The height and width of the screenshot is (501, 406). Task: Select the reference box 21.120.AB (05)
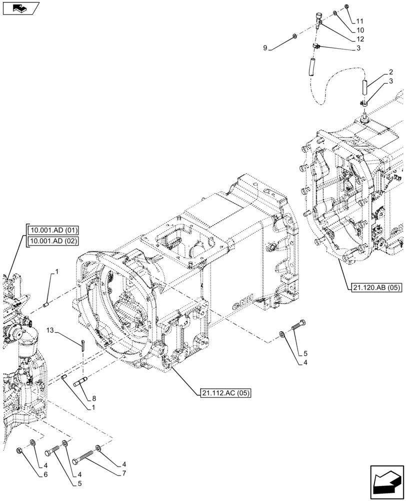[x=373, y=288]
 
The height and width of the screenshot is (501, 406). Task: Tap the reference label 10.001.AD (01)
[x=53, y=231]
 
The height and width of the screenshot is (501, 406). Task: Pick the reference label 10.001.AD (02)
[x=53, y=241]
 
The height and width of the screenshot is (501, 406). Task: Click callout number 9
[x=265, y=48]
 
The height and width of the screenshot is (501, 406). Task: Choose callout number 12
[x=360, y=39]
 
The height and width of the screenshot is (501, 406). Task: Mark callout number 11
[x=360, y=21]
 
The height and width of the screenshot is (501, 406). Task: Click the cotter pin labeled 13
[x=83, y=343]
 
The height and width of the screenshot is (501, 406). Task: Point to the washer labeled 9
[x=294, y=37]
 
